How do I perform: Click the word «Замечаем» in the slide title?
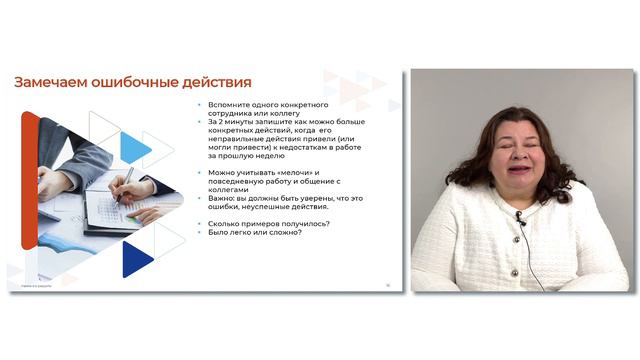49,82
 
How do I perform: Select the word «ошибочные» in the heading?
137,82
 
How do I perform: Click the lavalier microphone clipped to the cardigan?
520,217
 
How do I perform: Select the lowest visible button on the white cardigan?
516,272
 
